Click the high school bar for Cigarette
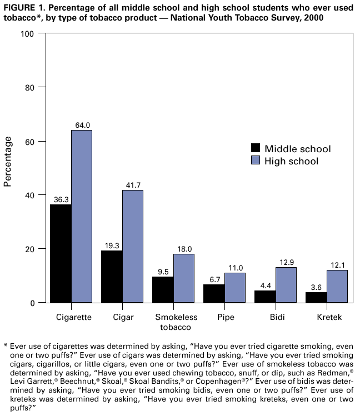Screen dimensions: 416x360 pos(82,217)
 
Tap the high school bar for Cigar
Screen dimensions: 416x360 pos(133,247)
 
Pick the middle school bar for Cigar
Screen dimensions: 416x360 pos(112,277)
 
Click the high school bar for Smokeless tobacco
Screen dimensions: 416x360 pos(184,278)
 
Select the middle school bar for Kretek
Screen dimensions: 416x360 pos(316,297)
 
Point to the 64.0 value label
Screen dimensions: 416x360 pos(82,125)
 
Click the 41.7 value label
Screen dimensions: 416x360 pos(133,185)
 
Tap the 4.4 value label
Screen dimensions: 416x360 pos(265,285)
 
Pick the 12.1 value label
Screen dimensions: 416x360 pos(337,265)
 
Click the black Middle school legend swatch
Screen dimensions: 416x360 pos(256,148)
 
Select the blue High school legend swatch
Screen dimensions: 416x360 pos(256,161)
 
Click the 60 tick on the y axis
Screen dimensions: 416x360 pos(30,141)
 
